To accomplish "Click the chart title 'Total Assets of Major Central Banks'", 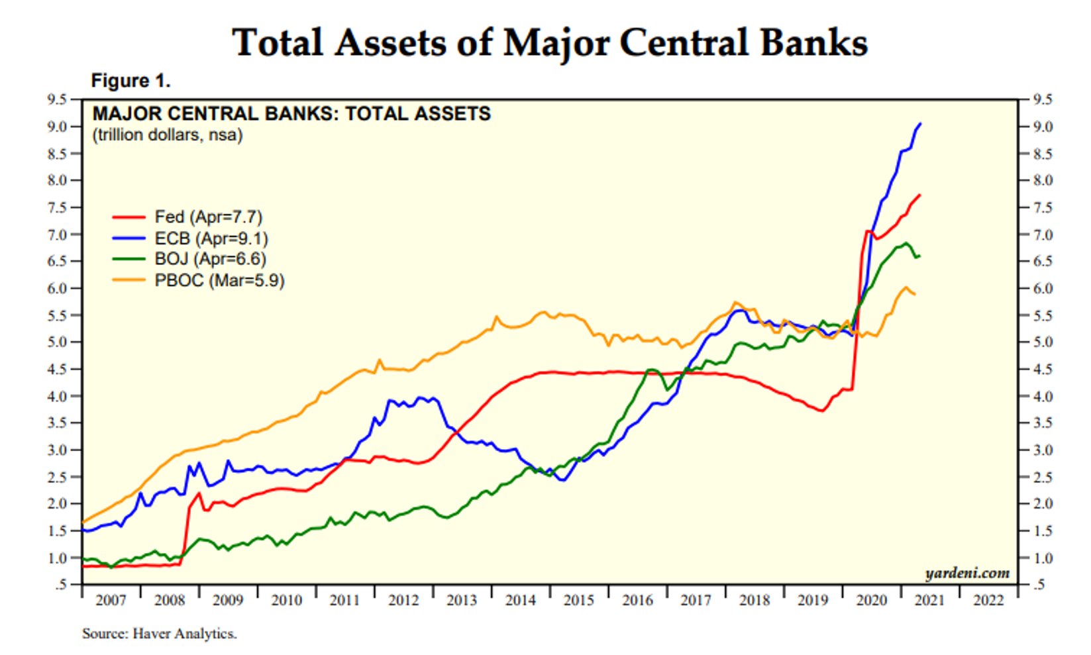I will (550, 42).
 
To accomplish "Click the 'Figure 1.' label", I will (130, 81).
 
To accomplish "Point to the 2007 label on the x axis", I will (111, 600).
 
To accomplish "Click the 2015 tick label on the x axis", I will (578, 600).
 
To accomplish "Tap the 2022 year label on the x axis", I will (988, 600).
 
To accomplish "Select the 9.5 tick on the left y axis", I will (57, 100).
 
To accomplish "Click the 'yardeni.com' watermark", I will (967, 573).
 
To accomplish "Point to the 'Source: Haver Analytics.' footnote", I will (159, 634).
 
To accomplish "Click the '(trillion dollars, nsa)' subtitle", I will (168, 135).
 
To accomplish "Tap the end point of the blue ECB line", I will (921, 124).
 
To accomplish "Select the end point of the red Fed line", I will (920, 195).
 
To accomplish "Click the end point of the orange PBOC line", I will (915, 294).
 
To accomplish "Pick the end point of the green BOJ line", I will (920, 256).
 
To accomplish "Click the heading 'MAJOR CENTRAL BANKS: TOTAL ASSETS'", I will (291, 114).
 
